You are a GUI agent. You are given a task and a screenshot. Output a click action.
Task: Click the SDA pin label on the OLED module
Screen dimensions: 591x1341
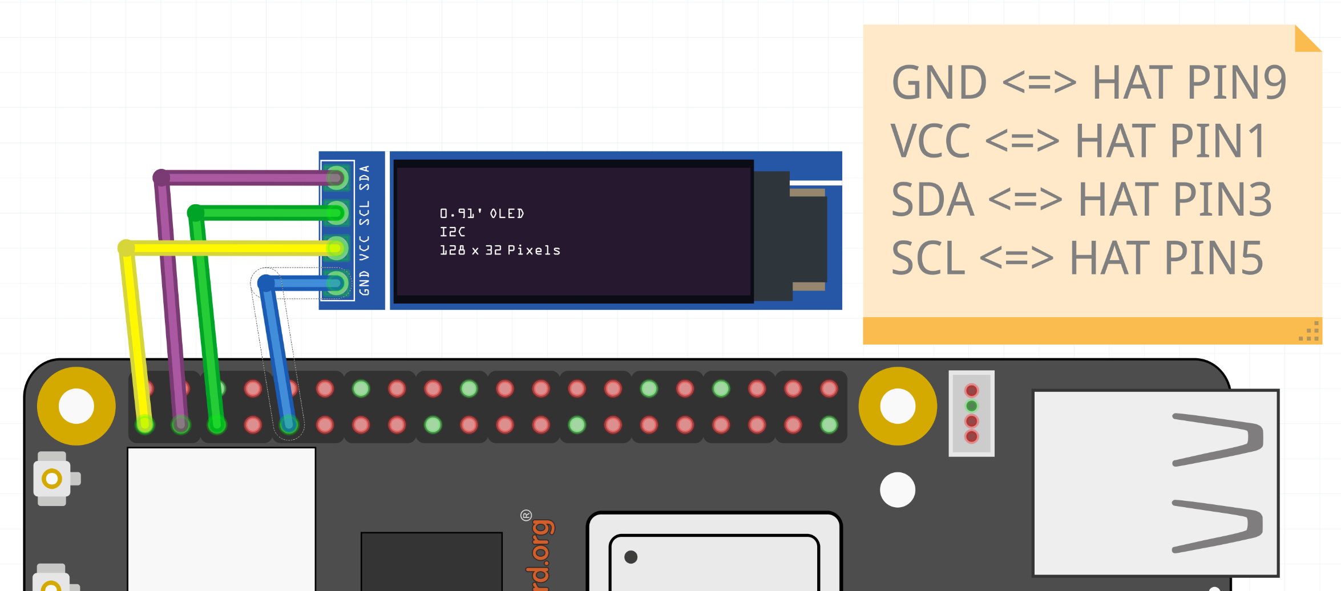tap(364, 178)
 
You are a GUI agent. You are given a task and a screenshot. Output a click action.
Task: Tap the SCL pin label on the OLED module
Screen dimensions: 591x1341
tap(364, 213)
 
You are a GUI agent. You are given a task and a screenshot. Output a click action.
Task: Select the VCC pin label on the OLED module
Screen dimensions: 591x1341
tap(364, 248)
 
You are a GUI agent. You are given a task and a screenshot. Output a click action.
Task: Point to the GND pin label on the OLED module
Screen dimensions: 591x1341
tap(364, 284)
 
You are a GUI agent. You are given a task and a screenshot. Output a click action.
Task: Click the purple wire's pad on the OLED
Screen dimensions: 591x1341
tap(337, 178)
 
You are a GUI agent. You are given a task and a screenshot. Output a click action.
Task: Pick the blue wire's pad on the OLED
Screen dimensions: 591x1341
tap(337, 284)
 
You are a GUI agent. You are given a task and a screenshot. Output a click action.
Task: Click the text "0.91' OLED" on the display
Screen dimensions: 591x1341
tap(482, 213)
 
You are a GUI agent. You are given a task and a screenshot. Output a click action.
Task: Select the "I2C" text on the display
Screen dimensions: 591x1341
tap(453, 232)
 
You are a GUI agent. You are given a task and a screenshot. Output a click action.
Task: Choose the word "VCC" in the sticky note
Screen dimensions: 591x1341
tap(930, 141)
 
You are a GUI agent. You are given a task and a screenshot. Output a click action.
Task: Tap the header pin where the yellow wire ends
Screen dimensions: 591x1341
tap(145, 424)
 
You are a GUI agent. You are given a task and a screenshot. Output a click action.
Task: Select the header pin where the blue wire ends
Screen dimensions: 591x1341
tap(289, 424)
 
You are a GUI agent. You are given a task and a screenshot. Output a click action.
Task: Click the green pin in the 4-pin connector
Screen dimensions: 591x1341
tap(971, 406)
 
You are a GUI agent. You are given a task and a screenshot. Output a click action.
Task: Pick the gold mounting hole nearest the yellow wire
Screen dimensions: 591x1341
tap(76, 406)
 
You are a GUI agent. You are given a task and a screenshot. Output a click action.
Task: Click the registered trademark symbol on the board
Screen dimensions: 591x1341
tap(526, 516)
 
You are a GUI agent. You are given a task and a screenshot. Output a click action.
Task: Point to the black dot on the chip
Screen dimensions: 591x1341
tap(631, 557)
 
